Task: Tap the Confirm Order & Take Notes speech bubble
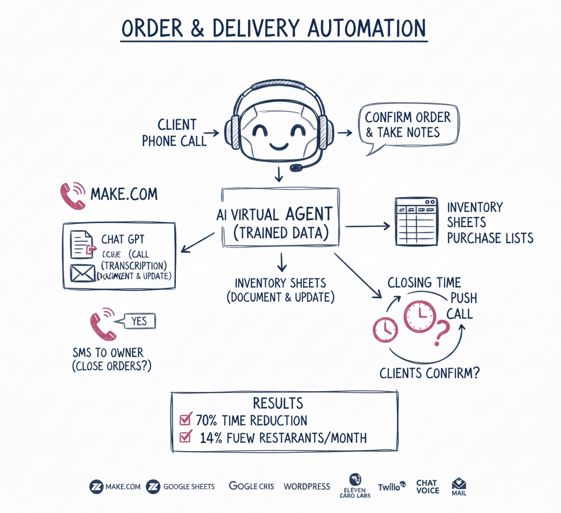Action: click(408, 125)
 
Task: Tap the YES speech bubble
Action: click(139, 321)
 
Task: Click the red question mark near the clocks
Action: click(441, 331)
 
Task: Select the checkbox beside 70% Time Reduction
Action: click(185, 420)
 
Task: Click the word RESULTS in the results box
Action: click(278, 404)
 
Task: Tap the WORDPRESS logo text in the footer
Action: click(307, 486)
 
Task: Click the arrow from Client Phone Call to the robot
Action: click(213, 132)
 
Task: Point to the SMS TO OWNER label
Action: click(107, 352)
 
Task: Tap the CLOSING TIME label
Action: click(424, 283)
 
